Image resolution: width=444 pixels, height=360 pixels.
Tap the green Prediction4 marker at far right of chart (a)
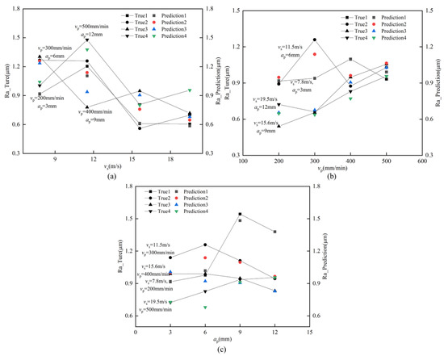click(190, 90)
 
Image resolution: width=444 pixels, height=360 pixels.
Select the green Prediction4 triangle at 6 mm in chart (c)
click(205, 307)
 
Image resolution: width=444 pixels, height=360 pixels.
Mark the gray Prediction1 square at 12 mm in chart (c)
click(274, 232)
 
